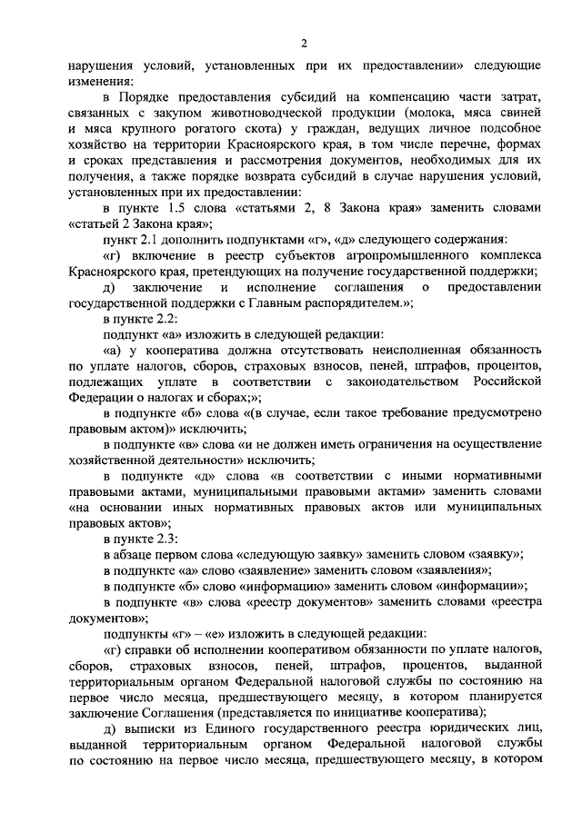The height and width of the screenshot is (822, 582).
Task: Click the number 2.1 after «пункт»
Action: click(151, 240)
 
